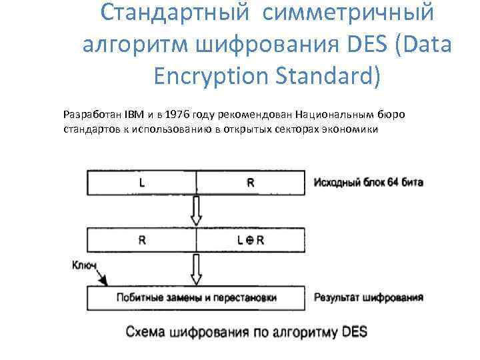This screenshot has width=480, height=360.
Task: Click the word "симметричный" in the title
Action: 353,13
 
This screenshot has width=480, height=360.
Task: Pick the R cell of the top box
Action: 251,182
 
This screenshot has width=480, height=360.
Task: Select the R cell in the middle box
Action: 142,240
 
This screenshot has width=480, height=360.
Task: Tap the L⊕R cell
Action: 251,240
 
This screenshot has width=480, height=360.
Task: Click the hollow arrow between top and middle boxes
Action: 196,209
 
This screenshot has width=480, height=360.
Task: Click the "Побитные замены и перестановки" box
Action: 196,297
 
